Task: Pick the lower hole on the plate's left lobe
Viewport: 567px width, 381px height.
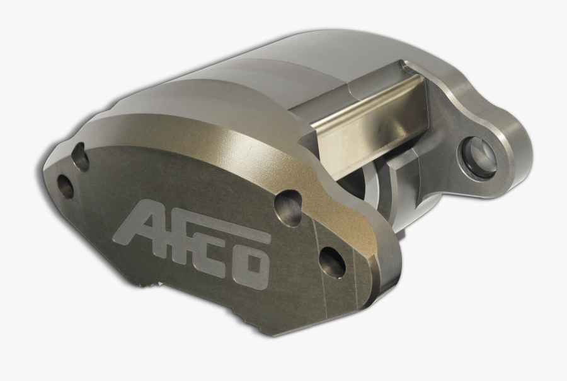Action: coord(65,185)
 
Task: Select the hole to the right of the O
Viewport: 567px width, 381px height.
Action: coord(332,262)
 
